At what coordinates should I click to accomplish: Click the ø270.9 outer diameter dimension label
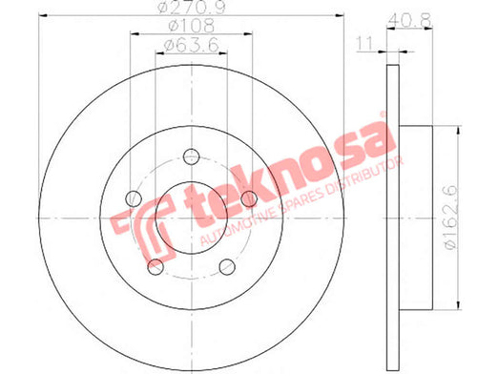point(191,7)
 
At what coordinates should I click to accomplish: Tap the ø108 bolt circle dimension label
point(191,26)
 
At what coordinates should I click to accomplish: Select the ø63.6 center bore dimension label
point(191,45)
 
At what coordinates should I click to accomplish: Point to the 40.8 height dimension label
point(409,20)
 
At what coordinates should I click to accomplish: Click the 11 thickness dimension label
point(364,44)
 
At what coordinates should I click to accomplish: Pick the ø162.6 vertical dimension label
point(451,218)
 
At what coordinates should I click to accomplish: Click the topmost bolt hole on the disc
point(192,156)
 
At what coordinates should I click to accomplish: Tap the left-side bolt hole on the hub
point(134,198)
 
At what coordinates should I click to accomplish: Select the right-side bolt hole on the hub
point(249,198)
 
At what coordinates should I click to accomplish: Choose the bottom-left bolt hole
point(156,266)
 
